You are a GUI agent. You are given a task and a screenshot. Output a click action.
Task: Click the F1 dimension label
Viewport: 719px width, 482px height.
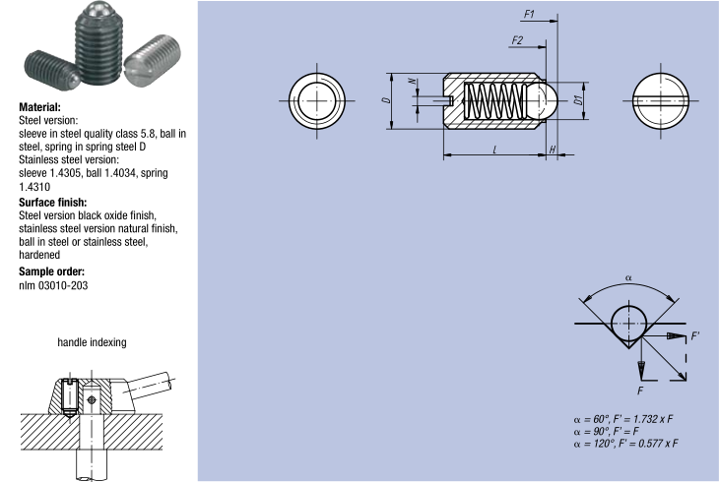pyautogui.click(x=529, y=15)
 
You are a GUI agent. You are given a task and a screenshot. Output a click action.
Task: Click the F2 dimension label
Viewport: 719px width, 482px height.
pyautogui.click(x=517, y=39)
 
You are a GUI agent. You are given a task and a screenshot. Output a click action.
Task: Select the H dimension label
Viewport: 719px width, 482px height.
pyautogui.click(x=553, y=150)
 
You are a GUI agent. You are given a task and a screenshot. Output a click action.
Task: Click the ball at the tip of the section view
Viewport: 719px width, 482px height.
pyautogui.click(x=546, y=99)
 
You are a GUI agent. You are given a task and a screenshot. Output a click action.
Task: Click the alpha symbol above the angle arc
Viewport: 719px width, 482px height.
pyautogui.click(x=628, y=277)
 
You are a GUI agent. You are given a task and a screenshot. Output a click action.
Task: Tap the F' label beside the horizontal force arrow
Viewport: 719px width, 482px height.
pyautogui.click(x=696, y=336)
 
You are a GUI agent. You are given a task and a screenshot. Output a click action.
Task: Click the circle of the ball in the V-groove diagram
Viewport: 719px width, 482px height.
pyautogui.click(x=628, y=323)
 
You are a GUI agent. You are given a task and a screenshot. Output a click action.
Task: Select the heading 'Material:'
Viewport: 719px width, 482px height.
pyautogui.click(x=40, y=106)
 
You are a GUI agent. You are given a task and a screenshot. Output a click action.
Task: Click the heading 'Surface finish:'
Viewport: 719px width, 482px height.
pyautogui.click(x=53, y=203)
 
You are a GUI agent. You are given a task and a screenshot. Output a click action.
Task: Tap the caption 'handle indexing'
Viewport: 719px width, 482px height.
pyautogui.click(x=92, y=342)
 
